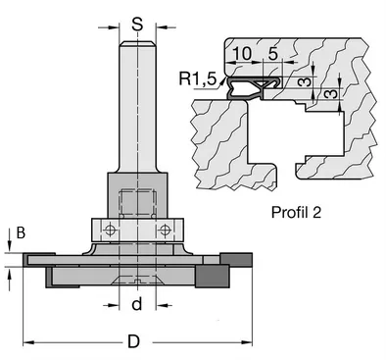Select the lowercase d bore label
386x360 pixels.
click(137, 304)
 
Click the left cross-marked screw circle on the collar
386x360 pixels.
click(110, 230)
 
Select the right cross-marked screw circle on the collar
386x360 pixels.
click(165, 230)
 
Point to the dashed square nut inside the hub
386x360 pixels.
click(137, 205)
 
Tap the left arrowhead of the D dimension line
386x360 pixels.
click(25, 341)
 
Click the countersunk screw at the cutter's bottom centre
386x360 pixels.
click(137, 279)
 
